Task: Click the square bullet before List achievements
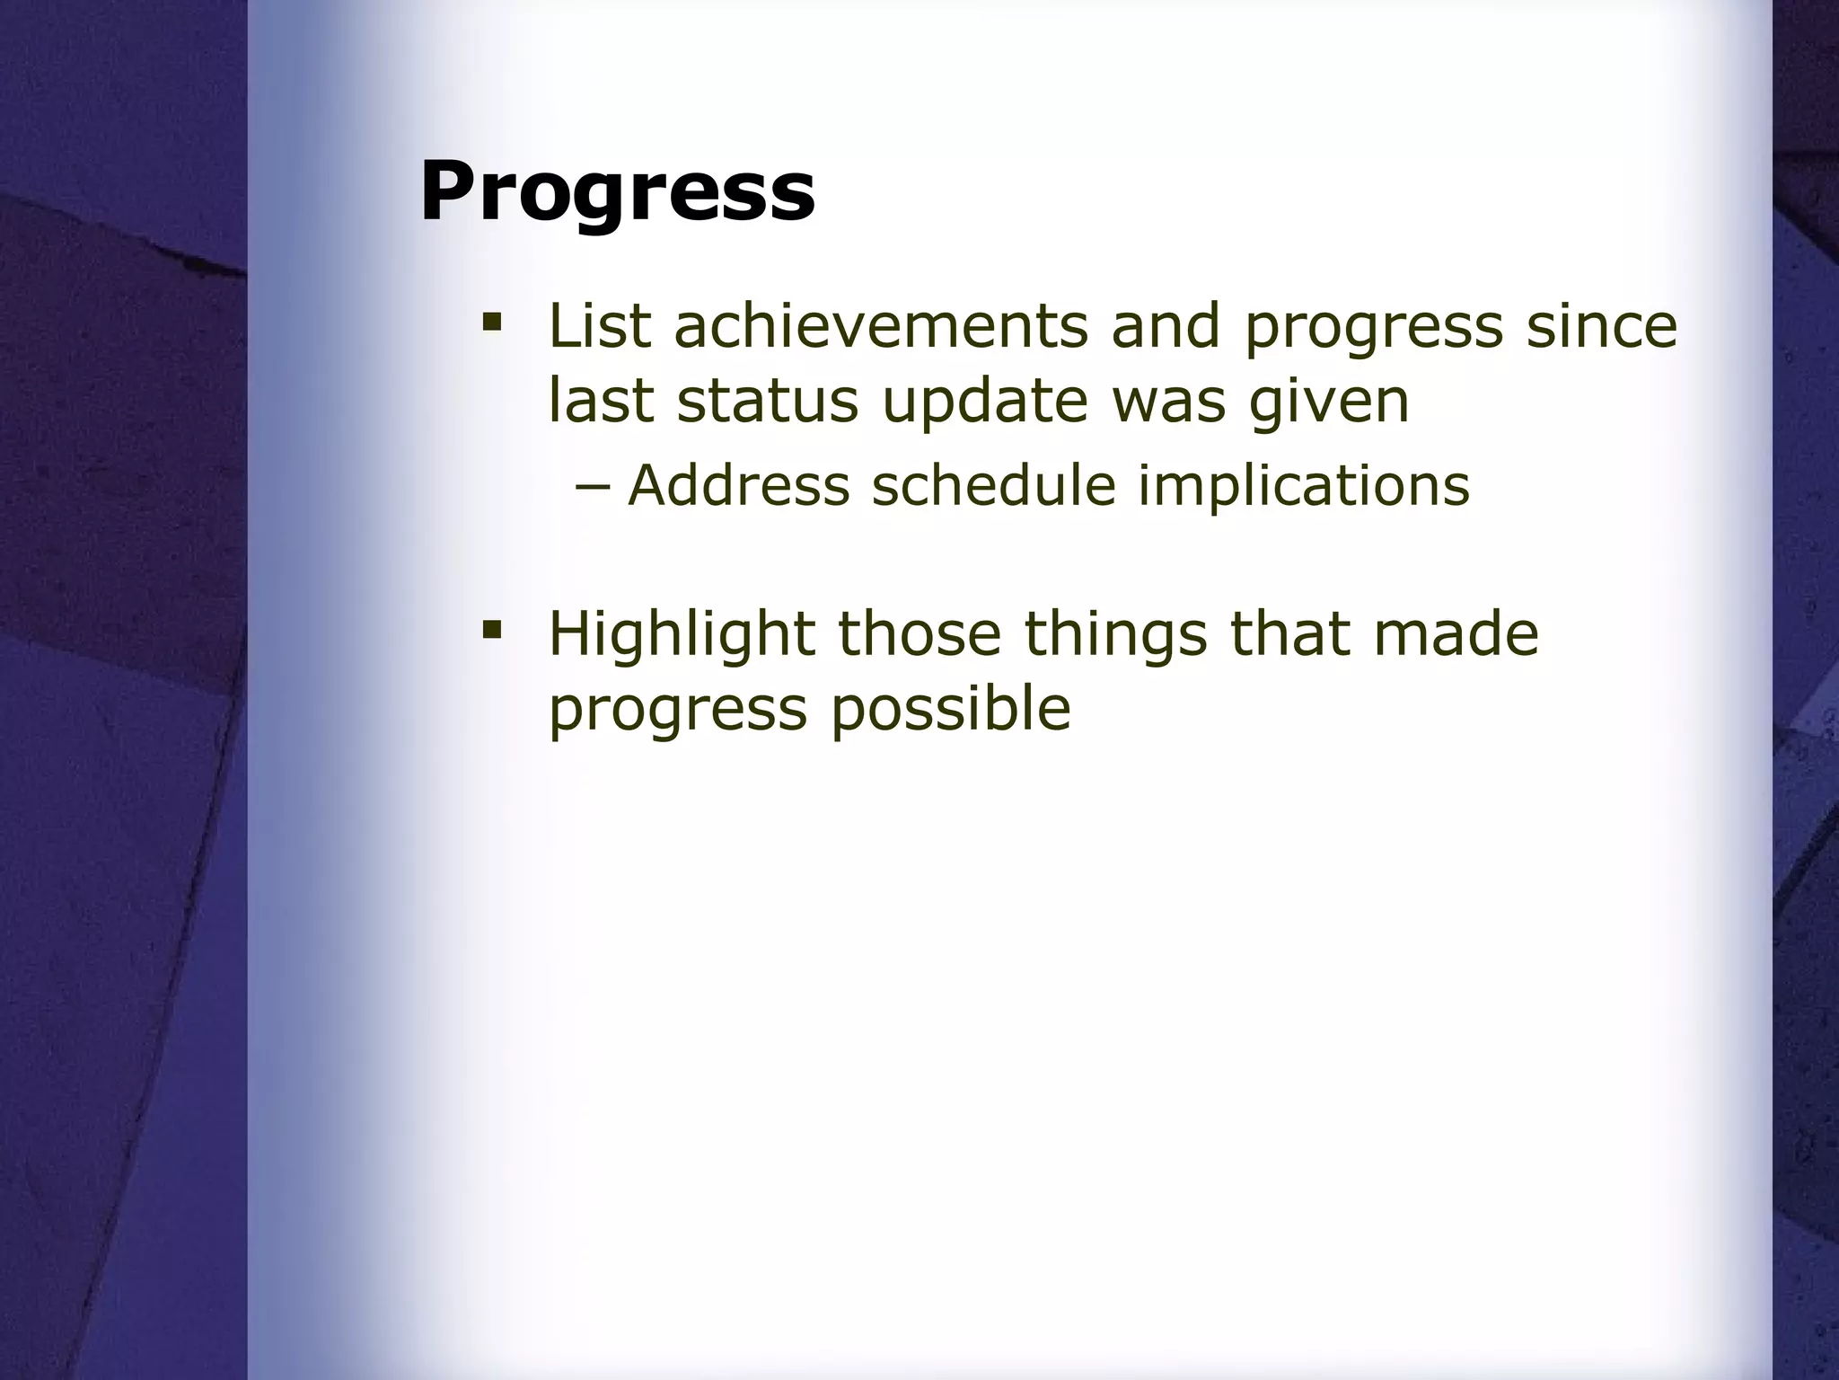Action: [x=491, y=321]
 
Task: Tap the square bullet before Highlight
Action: [x=491, y=628]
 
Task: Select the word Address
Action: [x=738, y=485]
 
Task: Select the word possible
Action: [x=950, y=709]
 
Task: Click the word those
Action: [x=919, y=633]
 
